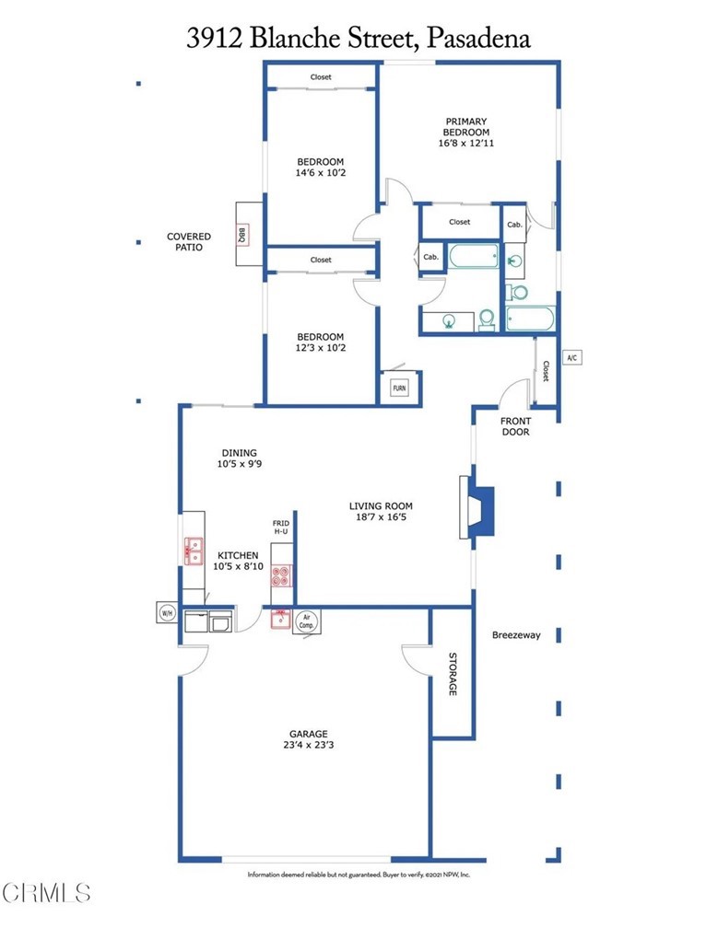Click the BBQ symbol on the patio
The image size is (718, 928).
tap(241, 235)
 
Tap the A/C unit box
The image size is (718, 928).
tap(571, 357)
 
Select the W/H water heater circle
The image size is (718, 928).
tap(167, 613)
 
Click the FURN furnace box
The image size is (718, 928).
tap(399, 388)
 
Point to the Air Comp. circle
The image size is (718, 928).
tap(306, 621)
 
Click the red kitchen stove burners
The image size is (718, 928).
tap(281, 575)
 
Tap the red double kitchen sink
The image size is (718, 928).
tap(194, 551)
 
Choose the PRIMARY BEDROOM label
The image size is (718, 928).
tap(466, 127)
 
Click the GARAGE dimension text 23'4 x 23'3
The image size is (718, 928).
tap(308, 745)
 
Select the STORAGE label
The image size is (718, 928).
tap(453, 674)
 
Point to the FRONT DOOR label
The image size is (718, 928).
tap(515, 426)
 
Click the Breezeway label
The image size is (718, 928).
tap(516, 635)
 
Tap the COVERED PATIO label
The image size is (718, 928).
tap(188, 241)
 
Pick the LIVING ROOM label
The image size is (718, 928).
tap(381, 506)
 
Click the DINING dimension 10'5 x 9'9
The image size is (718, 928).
tap(240, 464)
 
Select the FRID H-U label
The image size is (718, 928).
tap(281, 528)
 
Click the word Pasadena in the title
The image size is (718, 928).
tap(478, 38)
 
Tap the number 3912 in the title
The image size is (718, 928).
tap(214, 38)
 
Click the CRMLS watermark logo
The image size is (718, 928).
tap(46, 892)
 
